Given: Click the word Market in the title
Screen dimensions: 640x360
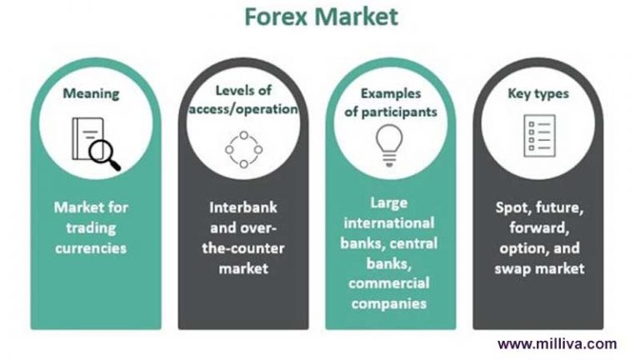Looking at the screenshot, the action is [x=356, y=17].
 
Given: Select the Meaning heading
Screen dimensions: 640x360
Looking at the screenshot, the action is [x=91, y=93].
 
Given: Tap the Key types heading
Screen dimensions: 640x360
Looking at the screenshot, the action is [x=538, y=93].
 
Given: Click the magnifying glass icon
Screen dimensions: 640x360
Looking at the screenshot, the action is [x=97, y=143].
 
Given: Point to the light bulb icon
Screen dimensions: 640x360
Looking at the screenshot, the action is [x=389, y=146].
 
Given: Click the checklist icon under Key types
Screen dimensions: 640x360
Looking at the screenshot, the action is [x=540, y=136].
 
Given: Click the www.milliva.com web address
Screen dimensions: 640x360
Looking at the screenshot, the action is [x=557, y=343].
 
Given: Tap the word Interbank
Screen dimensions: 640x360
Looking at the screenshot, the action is [x=243, y=207].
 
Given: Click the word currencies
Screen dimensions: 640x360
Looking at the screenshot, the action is [x=91, y=248].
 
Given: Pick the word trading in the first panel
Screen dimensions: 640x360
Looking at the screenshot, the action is [x=91, y=227].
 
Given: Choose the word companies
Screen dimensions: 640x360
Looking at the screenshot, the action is [x=389, y=303].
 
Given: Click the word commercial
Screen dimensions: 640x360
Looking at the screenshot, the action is [x=389, y=283].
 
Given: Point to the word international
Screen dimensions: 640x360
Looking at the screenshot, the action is [x=389, y=222].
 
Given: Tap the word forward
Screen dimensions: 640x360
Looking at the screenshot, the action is [x=539, y=227].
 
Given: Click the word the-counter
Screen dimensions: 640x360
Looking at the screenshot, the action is [x=243, y=248].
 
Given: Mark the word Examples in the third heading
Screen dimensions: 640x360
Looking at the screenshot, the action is [x=391, y=93].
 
